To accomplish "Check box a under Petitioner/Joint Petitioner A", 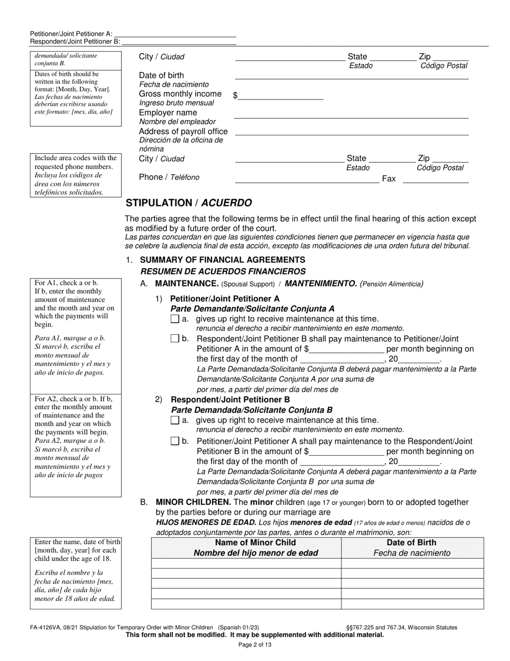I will (174, 319).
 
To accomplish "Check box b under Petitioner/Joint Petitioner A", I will (174, 339).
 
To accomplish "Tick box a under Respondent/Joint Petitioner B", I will (174, 420).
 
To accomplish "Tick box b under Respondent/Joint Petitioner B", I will (174, 441).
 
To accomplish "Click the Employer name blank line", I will (352, 114).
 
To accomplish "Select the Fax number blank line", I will (435, 179).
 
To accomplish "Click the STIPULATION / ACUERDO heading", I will (188, 203).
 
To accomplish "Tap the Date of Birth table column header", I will (412, 548).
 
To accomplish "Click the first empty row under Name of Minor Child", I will (246, 563).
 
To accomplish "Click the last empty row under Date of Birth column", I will (412, 604).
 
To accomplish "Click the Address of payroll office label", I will (183, 132).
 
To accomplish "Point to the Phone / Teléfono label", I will (169, 177).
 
